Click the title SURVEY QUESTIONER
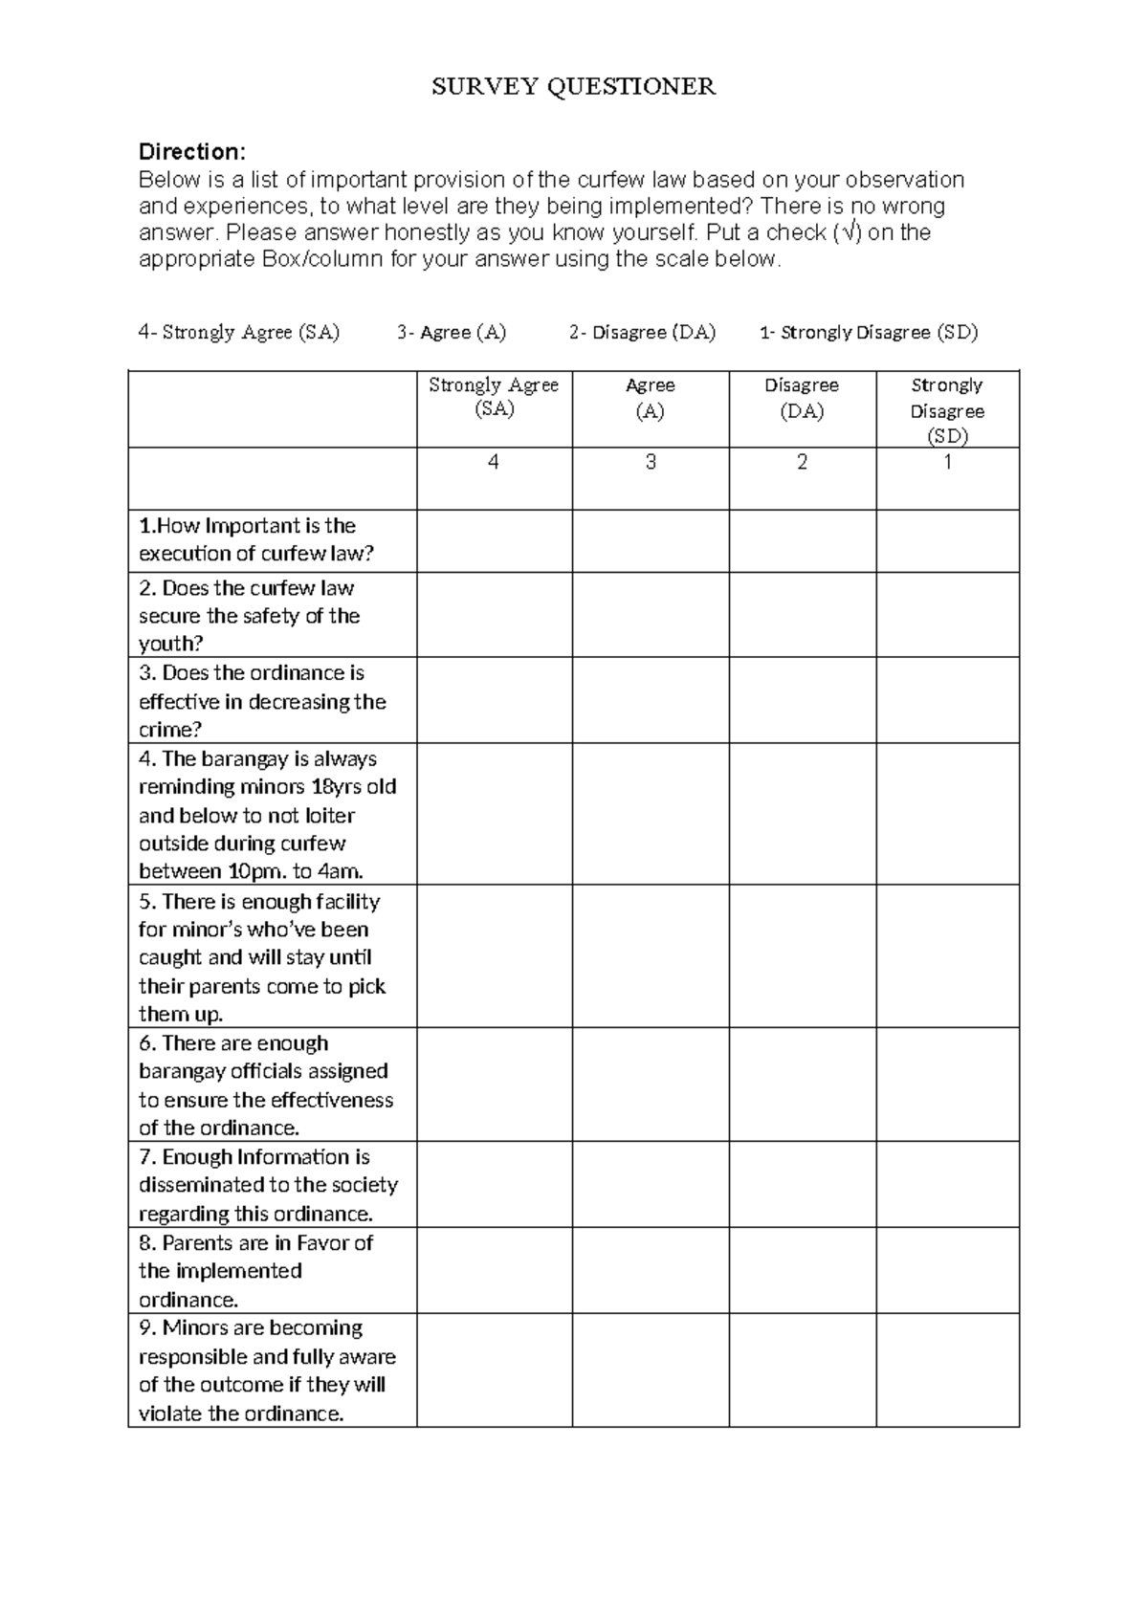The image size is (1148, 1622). click(x=573, y=87)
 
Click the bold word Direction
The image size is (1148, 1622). click(x=191, y=152)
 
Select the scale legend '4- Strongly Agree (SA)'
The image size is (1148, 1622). click(x=238, y=333)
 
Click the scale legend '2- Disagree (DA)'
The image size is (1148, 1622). click(x=641, y=333)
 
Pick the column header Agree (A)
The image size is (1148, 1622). click(x=650, y=398)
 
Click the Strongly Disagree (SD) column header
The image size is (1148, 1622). click(x=946, y=410)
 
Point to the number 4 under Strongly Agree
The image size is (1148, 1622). click(x=493, y=463)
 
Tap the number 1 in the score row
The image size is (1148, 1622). click(x=947, y=463)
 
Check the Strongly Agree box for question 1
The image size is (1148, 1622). click(x=494, y=540)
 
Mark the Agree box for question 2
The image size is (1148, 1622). click(x=650, y=614)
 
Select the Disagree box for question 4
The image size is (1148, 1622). click(x=802, y=814)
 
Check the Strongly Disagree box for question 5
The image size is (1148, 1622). click(x=947, y=956)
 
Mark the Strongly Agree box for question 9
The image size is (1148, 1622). click(x=494, y=1370)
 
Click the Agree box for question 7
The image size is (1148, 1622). click(x=650, y=1184)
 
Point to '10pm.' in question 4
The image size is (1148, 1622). click(x=257, y=871)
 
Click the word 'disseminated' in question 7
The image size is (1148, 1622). click(x=202, y=1185)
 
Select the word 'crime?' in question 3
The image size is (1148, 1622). click(x=170, y=730)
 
